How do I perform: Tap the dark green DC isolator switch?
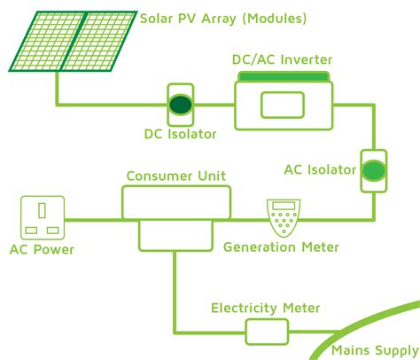pos(182,105)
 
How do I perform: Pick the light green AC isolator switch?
pos(372,168)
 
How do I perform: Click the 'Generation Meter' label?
pos(281,247)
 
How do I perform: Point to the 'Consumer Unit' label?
pos(175,176)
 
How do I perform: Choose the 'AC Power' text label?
pos(41,250)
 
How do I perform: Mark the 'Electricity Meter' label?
pos(265,308)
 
